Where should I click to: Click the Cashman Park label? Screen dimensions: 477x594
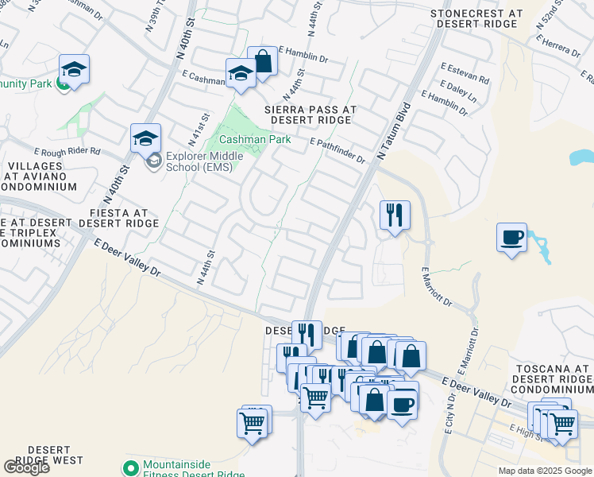click(255, 139)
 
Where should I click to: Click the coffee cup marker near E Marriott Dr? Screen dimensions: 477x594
click(512, 237)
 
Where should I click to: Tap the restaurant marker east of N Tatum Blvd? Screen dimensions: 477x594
click(395, 215)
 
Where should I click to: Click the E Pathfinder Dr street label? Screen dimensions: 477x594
click(337, 150)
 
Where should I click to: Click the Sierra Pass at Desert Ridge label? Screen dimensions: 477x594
click(310, 114)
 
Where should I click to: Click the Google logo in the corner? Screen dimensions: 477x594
click(26, 467)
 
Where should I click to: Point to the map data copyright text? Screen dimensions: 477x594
click(545, 471)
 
